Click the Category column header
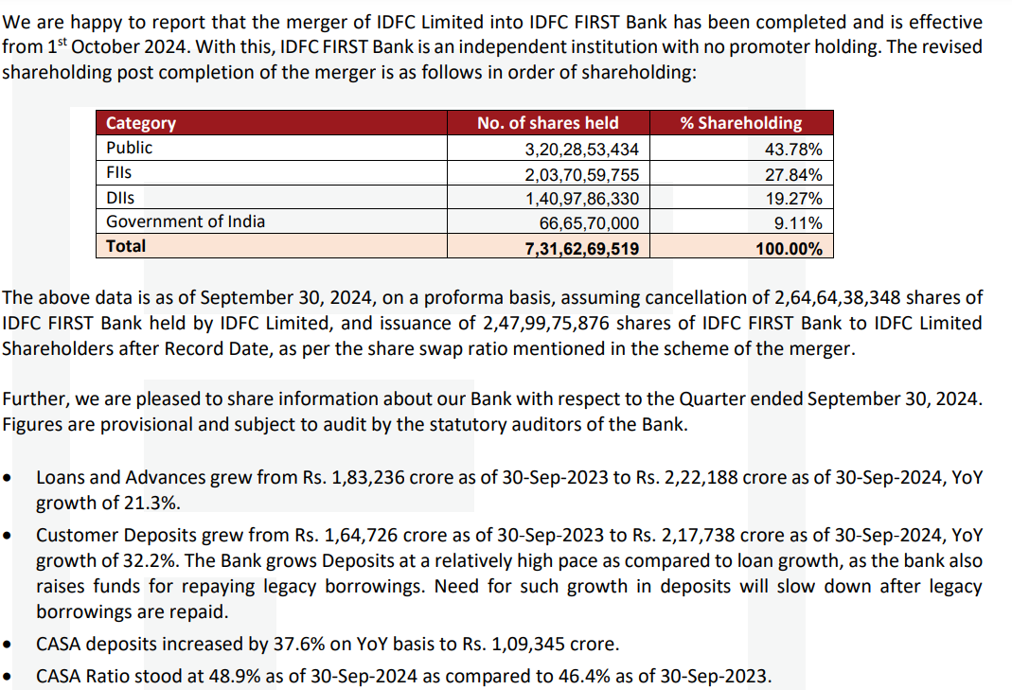coord(141,123)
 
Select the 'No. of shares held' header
coord(548,123)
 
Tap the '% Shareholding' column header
coord(741,123)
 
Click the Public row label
coord(129,148)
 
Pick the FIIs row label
coord(119,173)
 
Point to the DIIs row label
coord(120,198)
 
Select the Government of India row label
coord(186,221)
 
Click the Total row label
coord(126,246)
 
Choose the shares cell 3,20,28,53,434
coord(582,150)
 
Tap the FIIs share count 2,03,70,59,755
coord(582,174)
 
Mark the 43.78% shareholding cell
coord(793,150)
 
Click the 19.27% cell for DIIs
coord(793,199)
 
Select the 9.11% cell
coord(798,223)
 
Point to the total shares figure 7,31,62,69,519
coord(582,248)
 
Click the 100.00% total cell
coord(789,248)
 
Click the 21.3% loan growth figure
coord(152,503)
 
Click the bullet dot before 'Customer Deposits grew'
coord(9,536)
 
